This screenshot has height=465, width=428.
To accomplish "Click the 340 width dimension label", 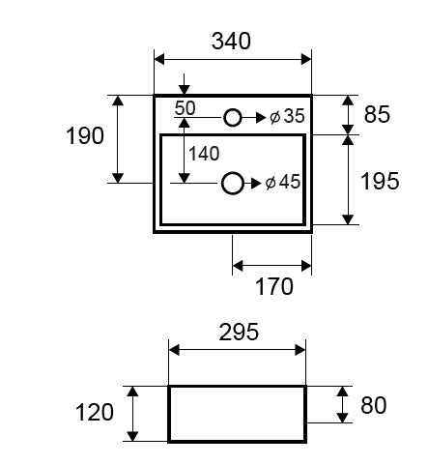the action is [x=231, y=41].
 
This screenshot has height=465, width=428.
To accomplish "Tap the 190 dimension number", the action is [x=85, y=135].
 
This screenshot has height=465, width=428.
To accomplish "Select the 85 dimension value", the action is [x=377, y=114].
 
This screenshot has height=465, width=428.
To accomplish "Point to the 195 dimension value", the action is [x=380, y=181].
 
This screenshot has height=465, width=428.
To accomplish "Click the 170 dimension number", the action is [x=274, y=286].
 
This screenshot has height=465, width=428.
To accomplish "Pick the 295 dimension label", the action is [x=239, y=332].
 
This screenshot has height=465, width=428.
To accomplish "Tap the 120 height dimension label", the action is [x=95, y=412].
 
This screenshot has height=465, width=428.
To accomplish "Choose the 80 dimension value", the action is [x=374, y=405].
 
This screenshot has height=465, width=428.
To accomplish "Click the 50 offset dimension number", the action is [x=185, y=108].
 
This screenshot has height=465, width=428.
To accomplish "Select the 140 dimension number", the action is [x=204, y=154].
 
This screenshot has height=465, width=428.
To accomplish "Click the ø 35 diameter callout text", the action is [x=287, y=116].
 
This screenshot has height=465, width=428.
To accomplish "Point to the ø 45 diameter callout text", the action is [x=283, y=182].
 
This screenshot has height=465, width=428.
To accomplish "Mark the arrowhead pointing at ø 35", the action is [x=261, y=118].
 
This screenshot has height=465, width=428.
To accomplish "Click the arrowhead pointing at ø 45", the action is [x=256, y=184].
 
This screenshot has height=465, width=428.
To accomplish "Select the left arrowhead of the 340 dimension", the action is [x=159, y=60].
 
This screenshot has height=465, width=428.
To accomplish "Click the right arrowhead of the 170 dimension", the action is [x=306, y=266].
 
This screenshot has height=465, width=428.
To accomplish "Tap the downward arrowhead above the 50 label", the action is [x=184, y=90].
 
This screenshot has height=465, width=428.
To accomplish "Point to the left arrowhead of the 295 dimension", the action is [x=174, y=350].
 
